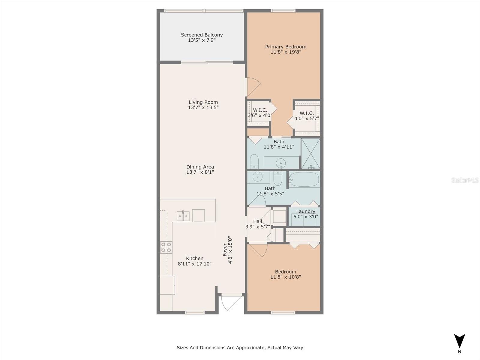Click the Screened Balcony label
pos(202,35)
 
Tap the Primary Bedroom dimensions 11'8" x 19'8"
pos(286,52)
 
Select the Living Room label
pos(203,102)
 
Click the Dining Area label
pos(200,167)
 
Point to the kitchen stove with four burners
pos(166,247)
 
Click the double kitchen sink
pos(183,216)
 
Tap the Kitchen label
pos(195,258)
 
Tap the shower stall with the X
pos(310,153)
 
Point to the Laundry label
pos(305,211)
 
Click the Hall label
pos(257,221)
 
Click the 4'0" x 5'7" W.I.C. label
pos(307,113)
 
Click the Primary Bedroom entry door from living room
pos(252,87)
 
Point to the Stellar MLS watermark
pos(465,180)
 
